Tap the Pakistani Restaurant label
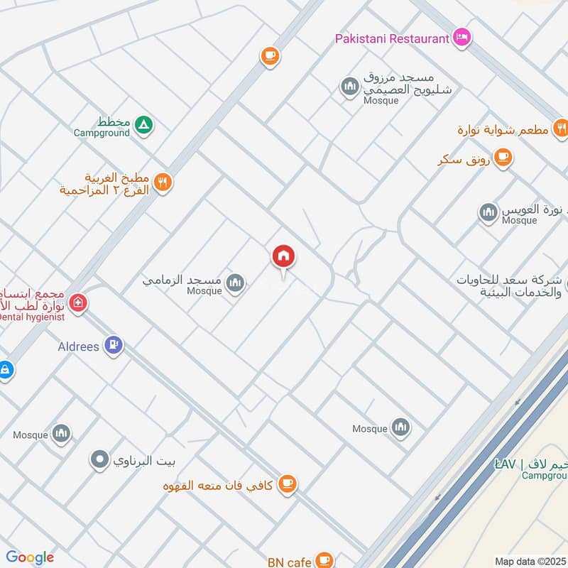[x=392, y=38]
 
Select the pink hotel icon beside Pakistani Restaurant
[x=461, y=38]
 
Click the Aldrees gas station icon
[x=113, y=346]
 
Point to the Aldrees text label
[x=78, y=346]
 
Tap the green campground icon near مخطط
[x=143, y=126]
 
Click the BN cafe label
[x=289, y=562]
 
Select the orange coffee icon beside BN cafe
[x=324, y=560]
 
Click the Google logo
[x=29, y=557]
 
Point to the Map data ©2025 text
[x=530, y=561]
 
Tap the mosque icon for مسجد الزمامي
[x=235, y=285]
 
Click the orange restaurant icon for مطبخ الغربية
[x=163, y=183]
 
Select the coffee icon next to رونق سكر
[x=503, y=157]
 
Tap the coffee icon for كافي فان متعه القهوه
[x=287, y=484]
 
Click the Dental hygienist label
[x=32, y=317]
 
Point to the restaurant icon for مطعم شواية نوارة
[x=560, y=129]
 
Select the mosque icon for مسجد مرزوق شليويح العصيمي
[x=349, y=87]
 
